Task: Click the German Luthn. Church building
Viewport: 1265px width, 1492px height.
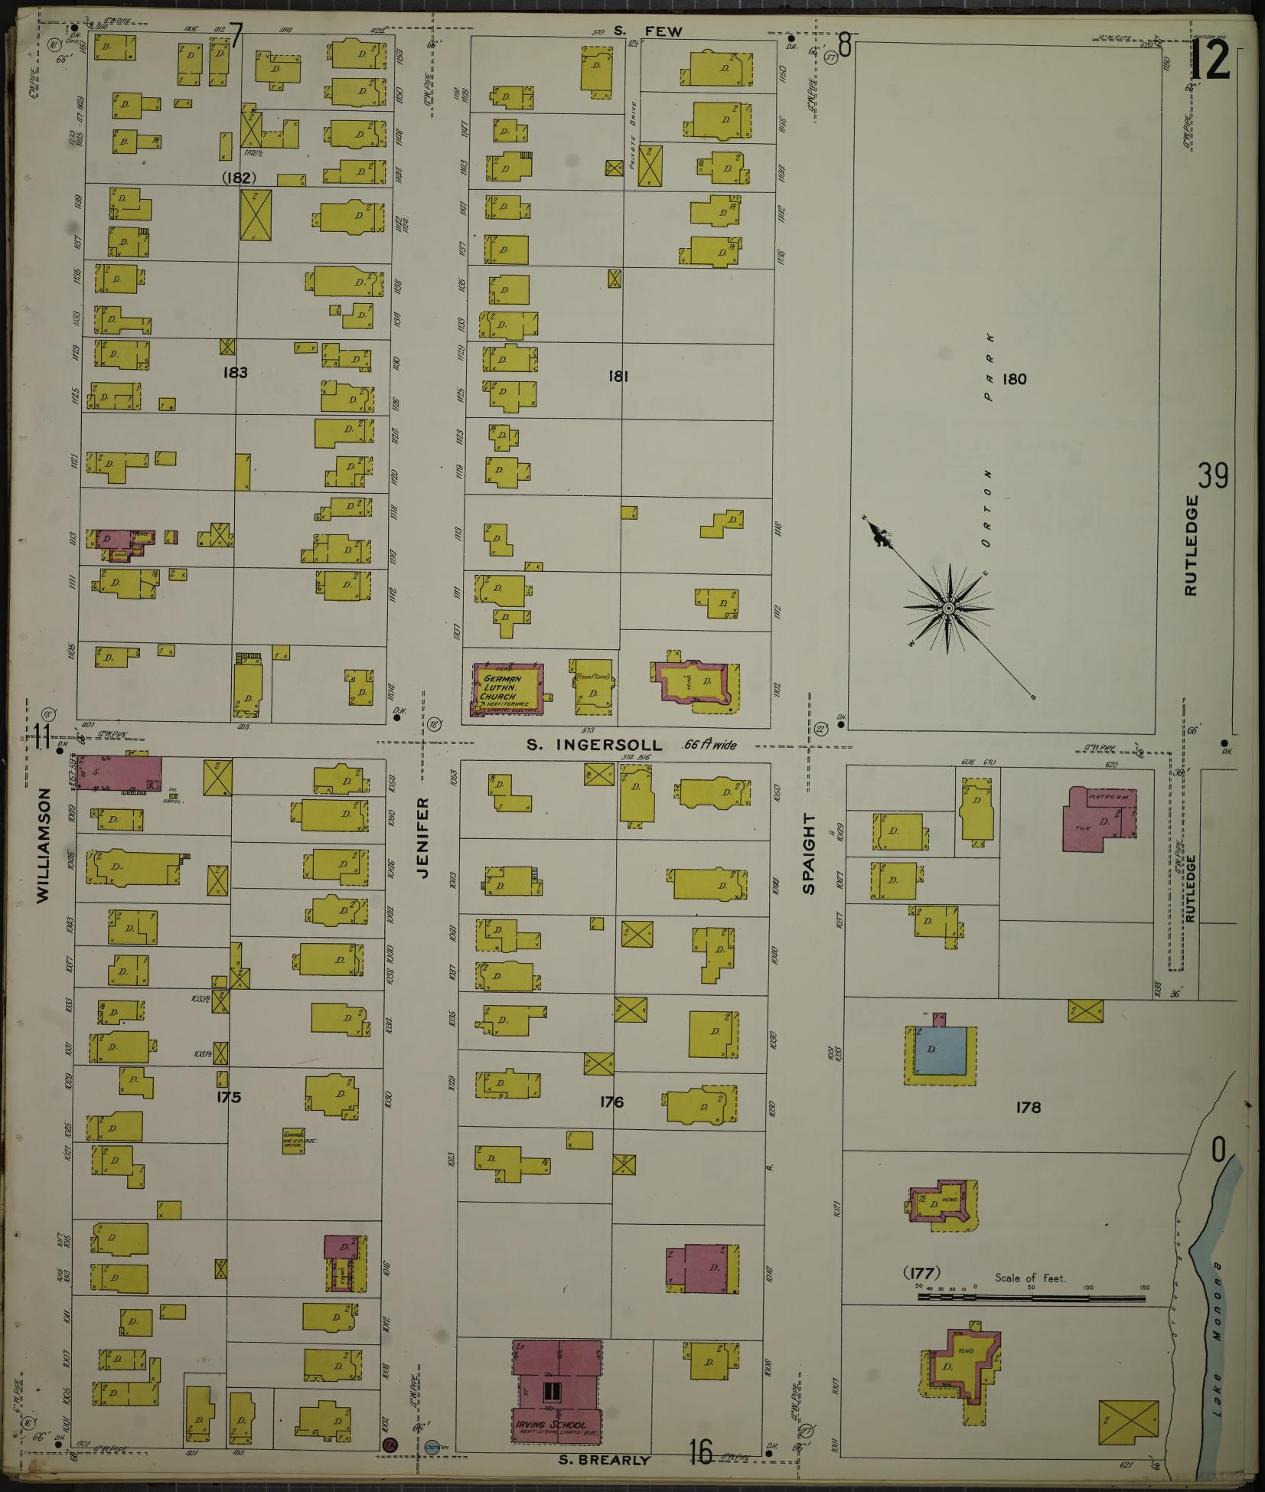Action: [507, 690]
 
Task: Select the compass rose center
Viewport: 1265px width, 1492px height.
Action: [948, 608]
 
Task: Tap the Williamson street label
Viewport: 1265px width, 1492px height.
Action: [43, 847]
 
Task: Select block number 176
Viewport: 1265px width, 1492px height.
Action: [611, 1102]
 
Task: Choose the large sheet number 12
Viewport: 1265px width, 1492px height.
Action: [1210, 61]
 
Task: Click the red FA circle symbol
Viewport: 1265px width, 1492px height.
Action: [390, 1445]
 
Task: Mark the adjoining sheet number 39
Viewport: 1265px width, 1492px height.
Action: [1213, 476]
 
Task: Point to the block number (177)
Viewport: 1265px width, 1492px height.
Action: [921, 1273]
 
